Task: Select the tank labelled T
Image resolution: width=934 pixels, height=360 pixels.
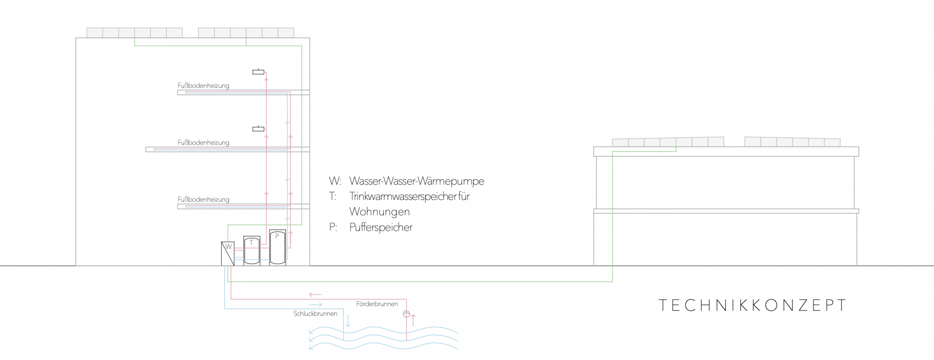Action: pos(251,251)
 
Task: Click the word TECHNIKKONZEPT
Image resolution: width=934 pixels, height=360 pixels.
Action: pos(753,305)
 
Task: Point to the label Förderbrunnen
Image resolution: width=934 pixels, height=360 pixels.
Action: pos(377,304)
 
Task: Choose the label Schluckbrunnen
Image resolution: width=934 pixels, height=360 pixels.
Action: pos(315,314)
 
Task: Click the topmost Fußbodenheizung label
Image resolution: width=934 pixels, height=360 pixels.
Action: pos(203,86)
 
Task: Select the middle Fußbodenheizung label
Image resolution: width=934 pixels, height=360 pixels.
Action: pos(203,143)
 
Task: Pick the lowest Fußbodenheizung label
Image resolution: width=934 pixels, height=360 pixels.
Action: pos(203,199)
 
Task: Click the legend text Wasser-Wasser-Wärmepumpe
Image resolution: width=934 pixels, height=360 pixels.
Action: pos(416,181)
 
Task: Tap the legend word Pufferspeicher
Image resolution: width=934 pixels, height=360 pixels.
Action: pos(381,227)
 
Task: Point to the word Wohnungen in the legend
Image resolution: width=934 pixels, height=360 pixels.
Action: pos(379,212)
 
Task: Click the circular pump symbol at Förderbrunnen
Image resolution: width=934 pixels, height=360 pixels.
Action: pos(406,314)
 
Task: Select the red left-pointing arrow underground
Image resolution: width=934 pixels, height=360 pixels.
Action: pos(315,294)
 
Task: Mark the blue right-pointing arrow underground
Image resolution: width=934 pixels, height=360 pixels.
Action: pos(315,305)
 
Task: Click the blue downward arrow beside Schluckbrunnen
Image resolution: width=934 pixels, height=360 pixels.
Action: pos(348,321)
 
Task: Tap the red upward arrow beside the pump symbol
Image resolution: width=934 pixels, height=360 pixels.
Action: pos(413,320)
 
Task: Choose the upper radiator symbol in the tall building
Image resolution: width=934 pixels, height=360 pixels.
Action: pos(258,72)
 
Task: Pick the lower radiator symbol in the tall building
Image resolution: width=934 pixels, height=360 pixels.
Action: pos(258,129)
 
